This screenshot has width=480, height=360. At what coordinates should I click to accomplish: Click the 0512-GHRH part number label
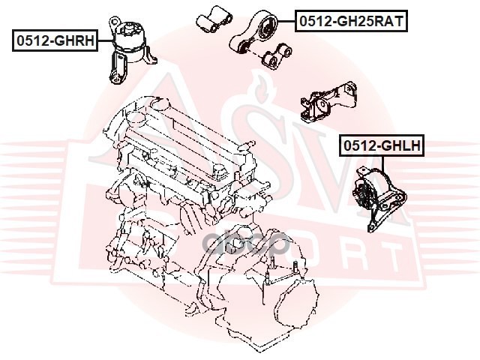point(55,40)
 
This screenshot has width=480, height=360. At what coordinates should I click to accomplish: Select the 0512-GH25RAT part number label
point(352,21)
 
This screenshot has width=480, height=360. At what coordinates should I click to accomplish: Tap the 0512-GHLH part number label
point(382,145)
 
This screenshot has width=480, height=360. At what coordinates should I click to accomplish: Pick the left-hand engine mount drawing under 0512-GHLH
point(379,199)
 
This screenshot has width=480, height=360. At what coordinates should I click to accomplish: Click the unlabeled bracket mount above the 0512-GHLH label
point(328,102)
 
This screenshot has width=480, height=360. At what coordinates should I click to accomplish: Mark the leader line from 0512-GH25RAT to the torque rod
point(286,21)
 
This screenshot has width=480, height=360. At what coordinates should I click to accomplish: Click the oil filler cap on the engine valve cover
point(135,118)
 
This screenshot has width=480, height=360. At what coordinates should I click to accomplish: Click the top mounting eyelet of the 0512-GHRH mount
point(115,22)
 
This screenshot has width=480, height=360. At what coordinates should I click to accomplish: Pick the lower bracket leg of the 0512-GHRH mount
point(117,68)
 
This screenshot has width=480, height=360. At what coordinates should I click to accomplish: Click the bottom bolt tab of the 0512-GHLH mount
point(371,227)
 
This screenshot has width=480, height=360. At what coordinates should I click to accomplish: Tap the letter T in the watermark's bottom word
point(392,259)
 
